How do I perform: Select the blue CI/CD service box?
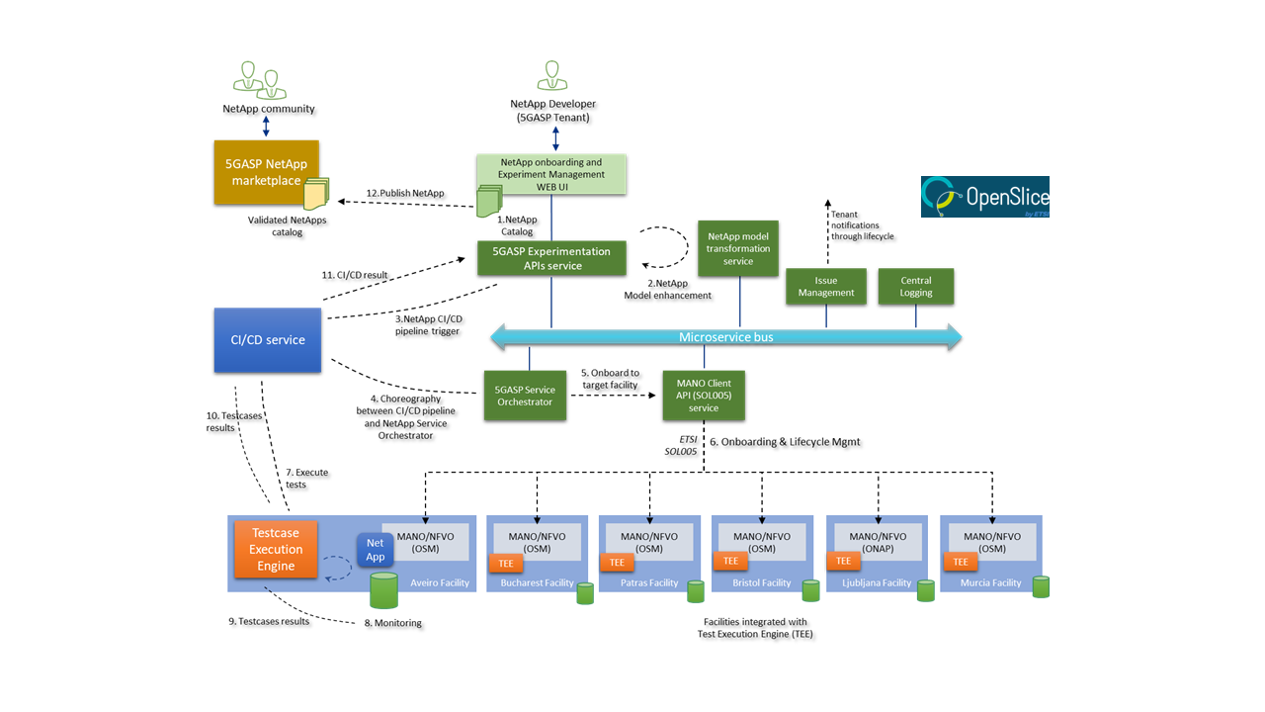click(268, 340)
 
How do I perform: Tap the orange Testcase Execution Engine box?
click(276, 549)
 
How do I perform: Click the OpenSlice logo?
click(984, 196)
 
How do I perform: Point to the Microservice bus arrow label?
click(725, 337)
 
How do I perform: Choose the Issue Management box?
click(826, 286)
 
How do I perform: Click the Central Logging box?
click(916, 286)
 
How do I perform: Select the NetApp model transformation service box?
click(738, 248)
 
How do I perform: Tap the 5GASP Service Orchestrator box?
click(525, 396)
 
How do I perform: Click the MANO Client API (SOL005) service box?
click(704, 396)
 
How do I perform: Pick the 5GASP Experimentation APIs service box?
click(551, 258)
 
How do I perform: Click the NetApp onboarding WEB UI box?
click(551, 174)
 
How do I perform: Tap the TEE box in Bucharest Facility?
click(504, 563)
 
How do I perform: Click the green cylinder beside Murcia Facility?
click(1041, 586)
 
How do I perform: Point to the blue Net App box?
click(376, 550)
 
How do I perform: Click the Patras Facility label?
click(649, 582)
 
